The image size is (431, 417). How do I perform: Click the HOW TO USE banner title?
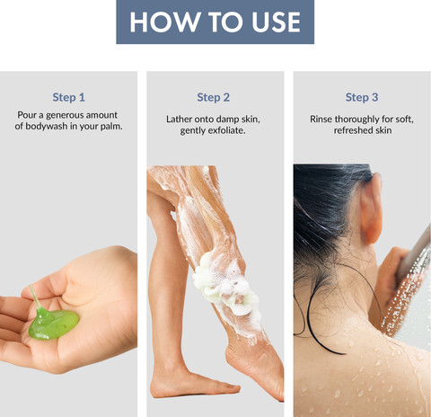click(x=215, y=22)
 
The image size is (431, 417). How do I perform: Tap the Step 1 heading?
click(x=69, y=97)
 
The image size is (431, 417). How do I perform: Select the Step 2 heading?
click(x=214, y=97)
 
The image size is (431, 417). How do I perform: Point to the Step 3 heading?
click(x=362, y=97)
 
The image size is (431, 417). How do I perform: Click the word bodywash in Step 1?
click(x=47, y=126)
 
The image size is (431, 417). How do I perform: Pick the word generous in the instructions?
click(x=65, y=115)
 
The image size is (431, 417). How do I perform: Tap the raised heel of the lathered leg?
click(x=236, y=358)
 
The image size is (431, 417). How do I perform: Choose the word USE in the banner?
click(x=276, y=22)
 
